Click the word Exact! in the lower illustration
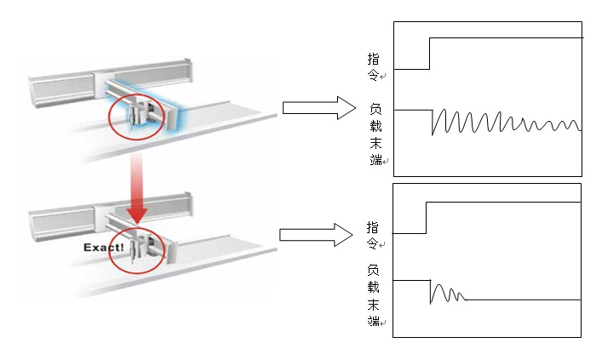click(104, 248)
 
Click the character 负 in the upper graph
click(375, 109)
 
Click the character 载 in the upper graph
click(375, 125)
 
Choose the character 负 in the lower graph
click(374, 270)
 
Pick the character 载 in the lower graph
click(374, 287)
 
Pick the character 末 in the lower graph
click(374, 304)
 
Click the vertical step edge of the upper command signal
click(430, 53)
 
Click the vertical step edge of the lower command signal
click(425, 217)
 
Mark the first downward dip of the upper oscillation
click(433, 134)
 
